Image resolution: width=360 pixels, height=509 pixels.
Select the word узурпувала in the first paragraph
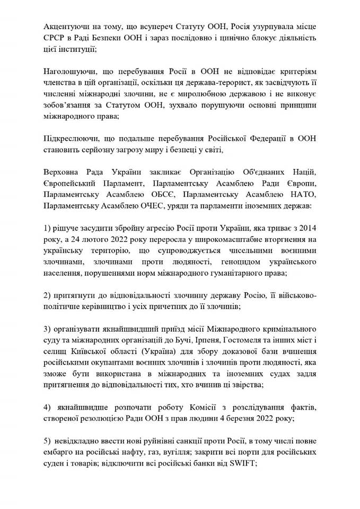click(258, 26)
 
